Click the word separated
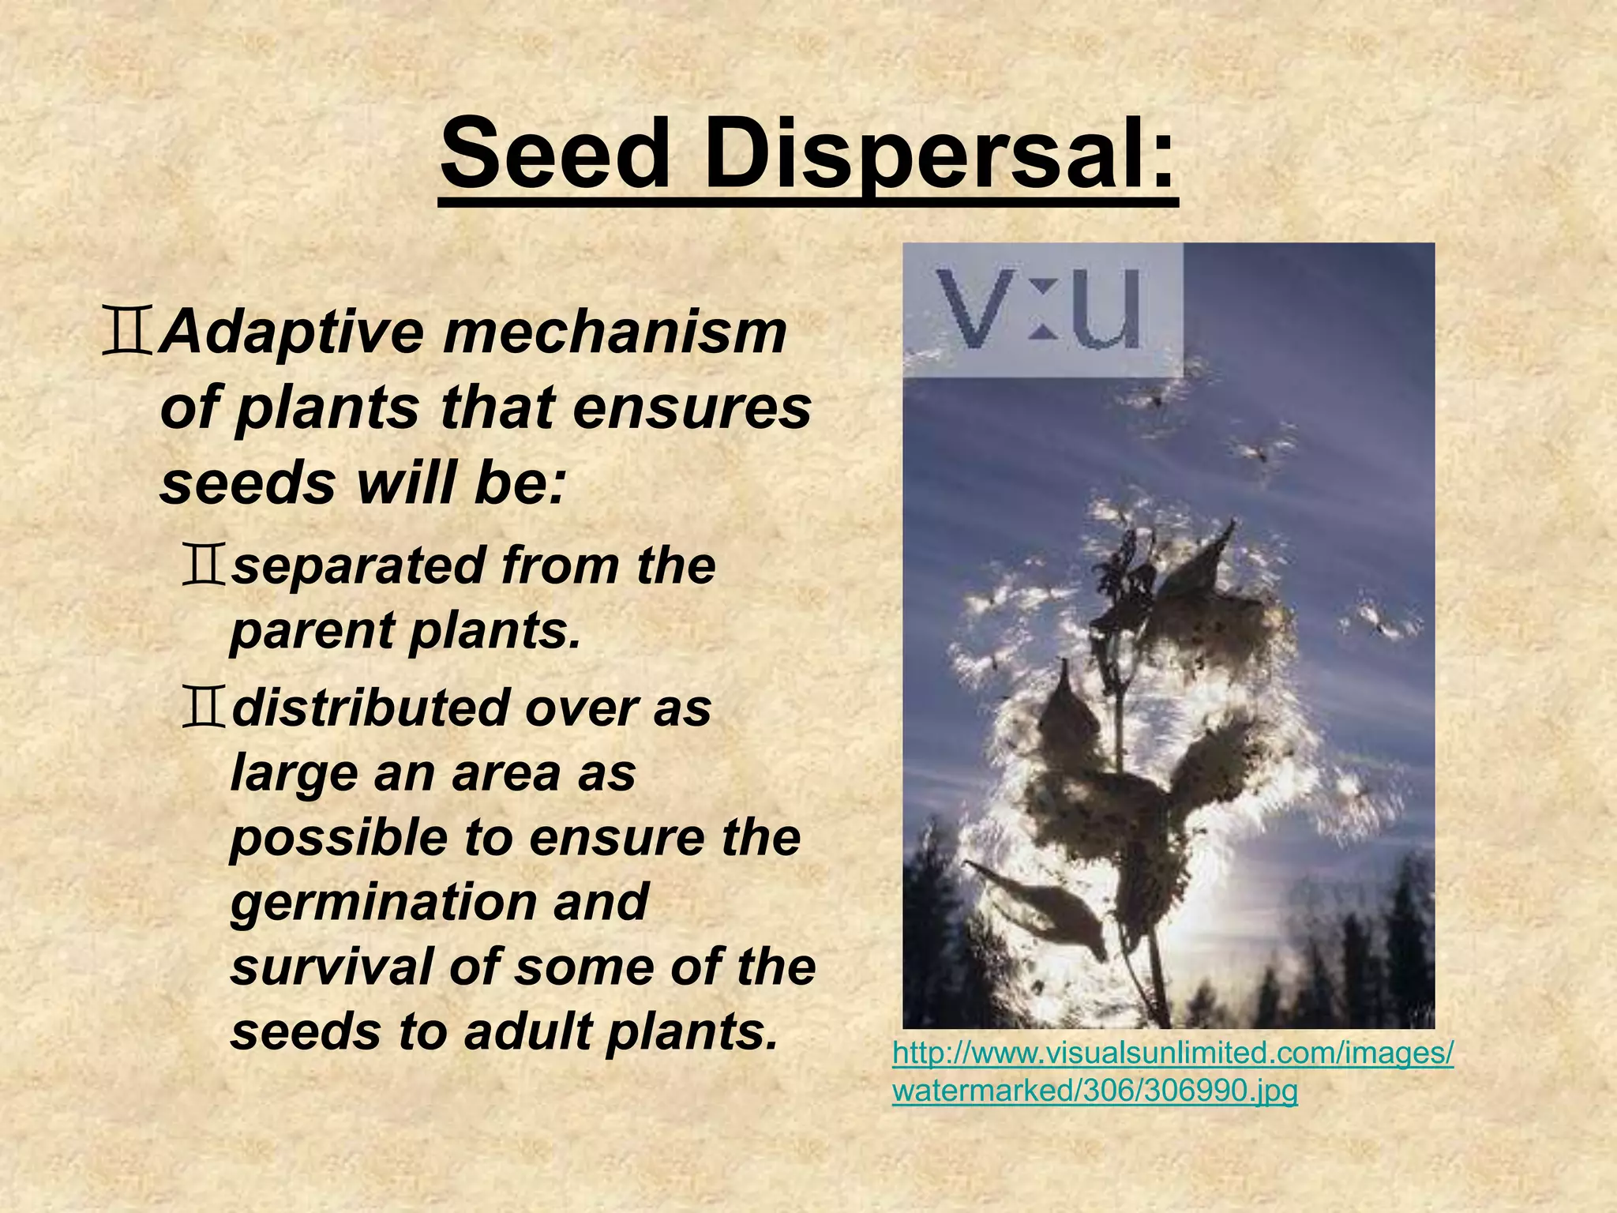(358, 565)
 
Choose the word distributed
(368, 708)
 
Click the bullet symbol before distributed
(204, 708)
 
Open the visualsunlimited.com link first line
(1172, 1053)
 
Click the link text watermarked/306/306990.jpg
(1094, 1091)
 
